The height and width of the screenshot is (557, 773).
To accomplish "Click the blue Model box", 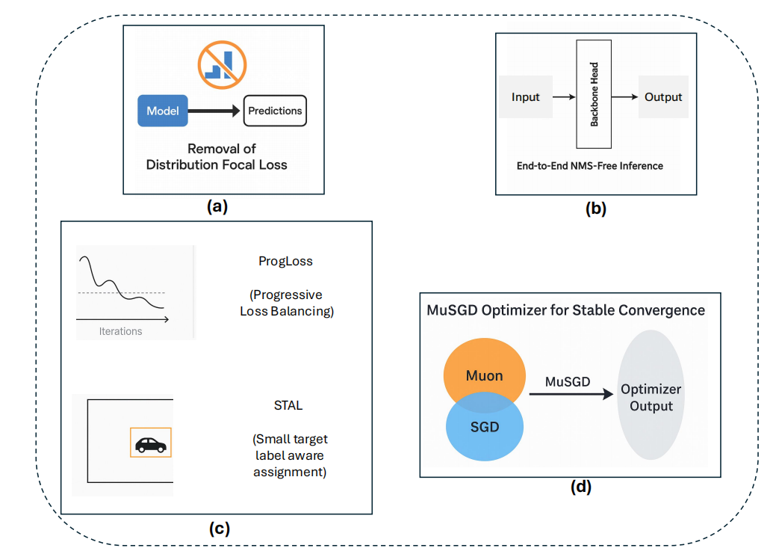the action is click(x=163, y=111).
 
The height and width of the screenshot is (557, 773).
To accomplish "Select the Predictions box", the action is click(x=275, y=111).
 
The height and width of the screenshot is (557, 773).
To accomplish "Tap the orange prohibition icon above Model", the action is click(x=223, y=64).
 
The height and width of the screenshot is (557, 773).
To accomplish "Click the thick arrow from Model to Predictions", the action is click(x=214, y=111).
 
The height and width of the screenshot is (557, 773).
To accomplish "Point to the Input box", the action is click(x=526, y=96).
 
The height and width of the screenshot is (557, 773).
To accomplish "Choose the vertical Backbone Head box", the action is click(x=594, y=94).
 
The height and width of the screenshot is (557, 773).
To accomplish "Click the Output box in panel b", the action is click(x=663, y=96).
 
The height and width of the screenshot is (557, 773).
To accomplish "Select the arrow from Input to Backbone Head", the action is click(x=565, y=96).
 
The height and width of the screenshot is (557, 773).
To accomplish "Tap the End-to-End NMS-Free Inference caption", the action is click(x=589, y=166).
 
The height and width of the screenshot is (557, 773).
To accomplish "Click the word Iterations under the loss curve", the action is click(x=120, y=331).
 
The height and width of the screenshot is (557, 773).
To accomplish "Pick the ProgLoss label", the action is click(x=285, y=261).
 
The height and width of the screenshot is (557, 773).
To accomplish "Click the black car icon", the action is click(x=151, y=445).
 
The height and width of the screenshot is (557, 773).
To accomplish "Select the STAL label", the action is click(x=288, y=405).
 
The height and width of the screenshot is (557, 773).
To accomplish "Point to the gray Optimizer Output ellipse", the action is click(x=651, y=395).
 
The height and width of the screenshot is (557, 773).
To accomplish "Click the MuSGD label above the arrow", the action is click(x=568, y=381).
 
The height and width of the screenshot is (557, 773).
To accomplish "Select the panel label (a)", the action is click(x=217, y=206).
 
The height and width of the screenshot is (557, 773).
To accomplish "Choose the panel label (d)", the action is click(x=581, y=487).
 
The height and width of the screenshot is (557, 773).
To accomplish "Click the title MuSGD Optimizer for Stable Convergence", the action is click(x=566, y=310).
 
